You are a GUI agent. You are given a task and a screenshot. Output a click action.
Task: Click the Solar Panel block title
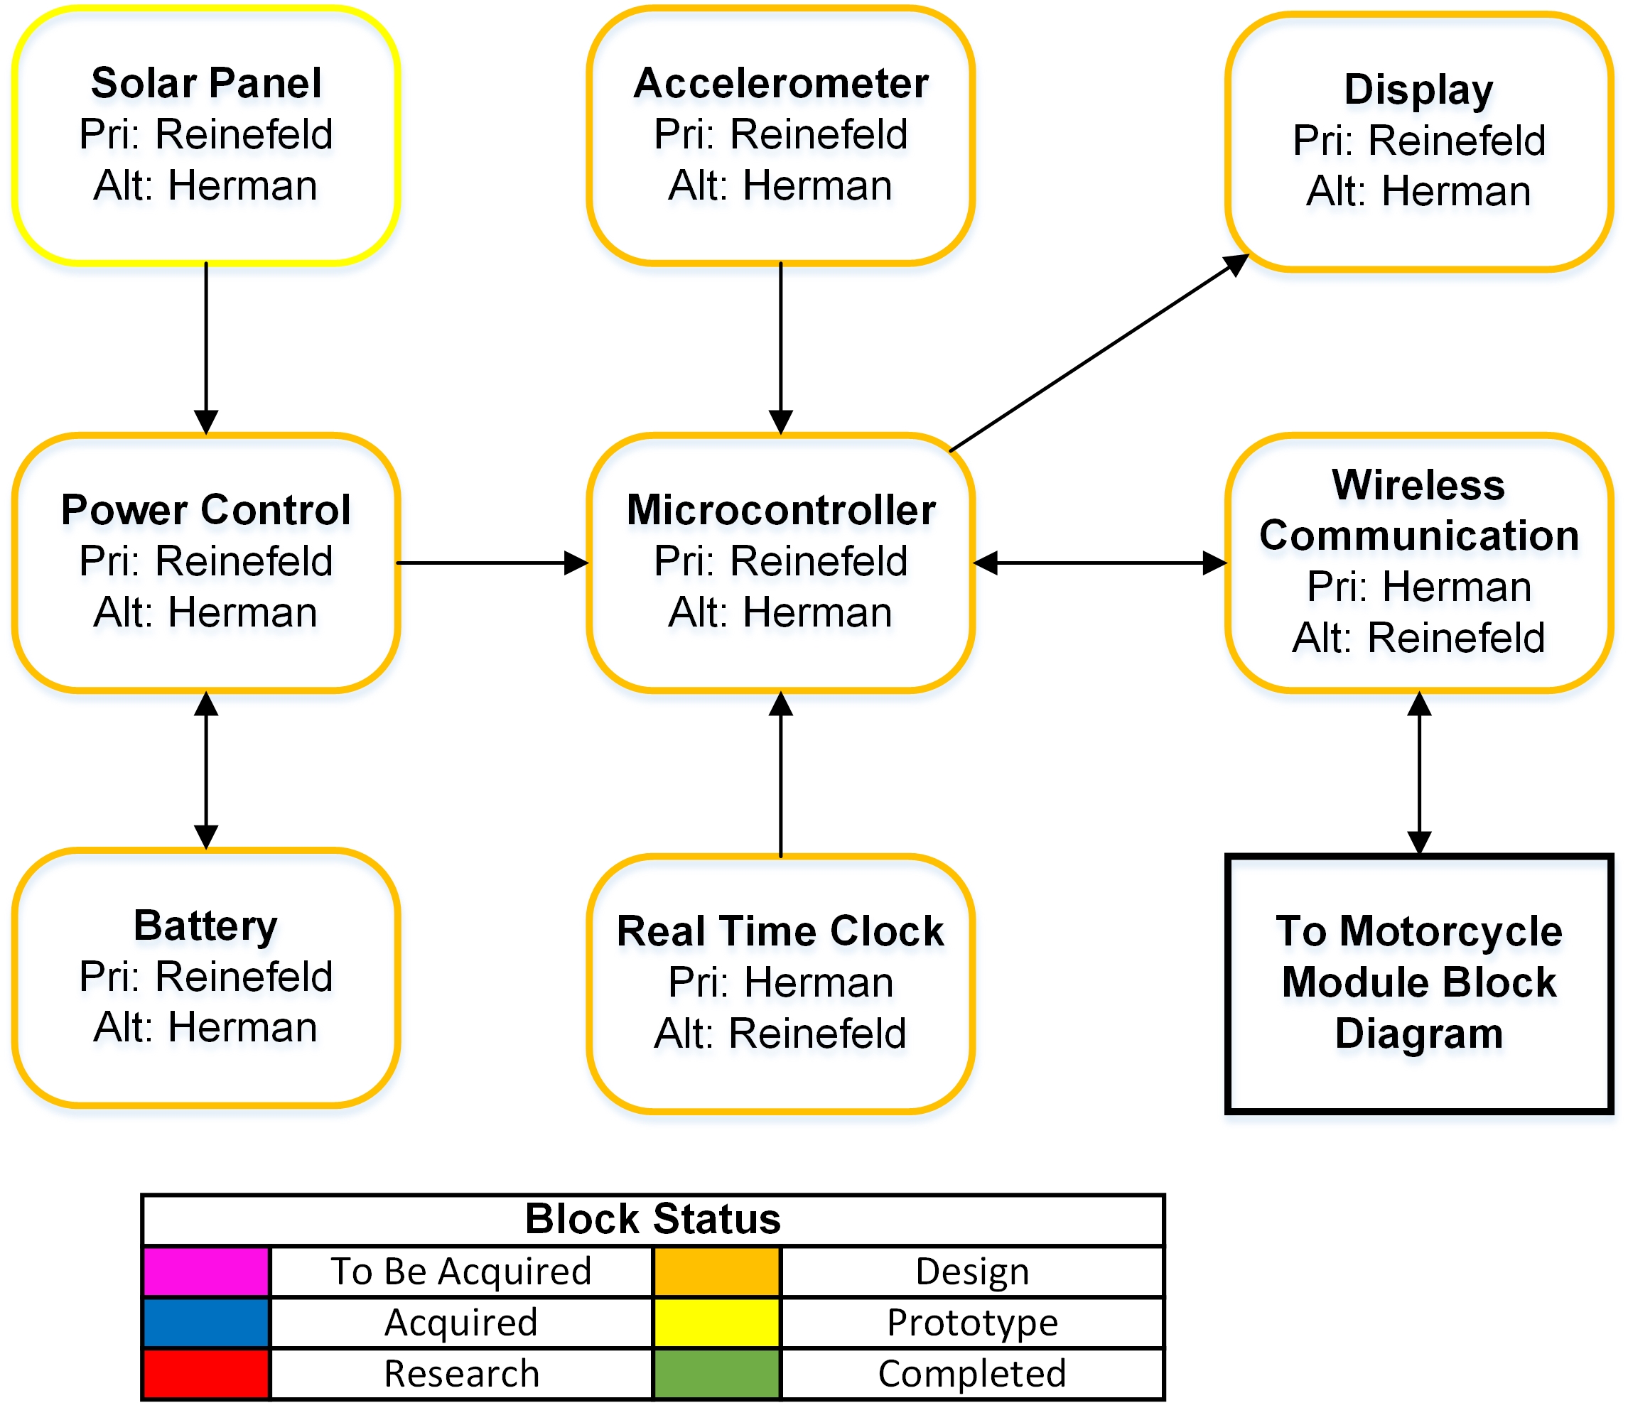[x=206, y=83]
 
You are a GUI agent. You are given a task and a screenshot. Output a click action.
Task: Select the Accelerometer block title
[x=781, y=83]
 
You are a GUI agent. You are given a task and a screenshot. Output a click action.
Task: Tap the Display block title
[x=1419, y=90]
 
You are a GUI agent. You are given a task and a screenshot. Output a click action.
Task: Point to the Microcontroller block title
[x=781, y=509]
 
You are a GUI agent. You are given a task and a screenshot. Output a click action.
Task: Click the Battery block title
[x=206, y=926]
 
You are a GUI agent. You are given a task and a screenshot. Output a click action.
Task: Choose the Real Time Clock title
[x=781, y=931]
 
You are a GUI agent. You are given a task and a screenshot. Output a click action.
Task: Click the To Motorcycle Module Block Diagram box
[x=1419, y=982]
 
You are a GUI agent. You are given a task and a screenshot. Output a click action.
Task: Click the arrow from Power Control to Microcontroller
[x=492, y=563]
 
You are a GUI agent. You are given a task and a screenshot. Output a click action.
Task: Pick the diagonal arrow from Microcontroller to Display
[x=1098, y=352]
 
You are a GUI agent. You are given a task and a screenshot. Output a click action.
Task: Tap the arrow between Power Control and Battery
[x=206, y=770]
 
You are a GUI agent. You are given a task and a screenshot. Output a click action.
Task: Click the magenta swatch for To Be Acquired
[x=206, y=1271]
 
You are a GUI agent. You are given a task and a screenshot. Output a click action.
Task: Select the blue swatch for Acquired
[x=206, y=1323]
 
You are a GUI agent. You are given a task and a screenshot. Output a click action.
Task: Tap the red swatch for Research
[x=206, y=1374]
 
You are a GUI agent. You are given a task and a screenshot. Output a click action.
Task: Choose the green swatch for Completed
[x=716, y=1374]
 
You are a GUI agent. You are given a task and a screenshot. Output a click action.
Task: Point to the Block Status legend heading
[x=652, y=1219]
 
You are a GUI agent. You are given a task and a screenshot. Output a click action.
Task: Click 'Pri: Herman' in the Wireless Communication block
[x=1419, y=587]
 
